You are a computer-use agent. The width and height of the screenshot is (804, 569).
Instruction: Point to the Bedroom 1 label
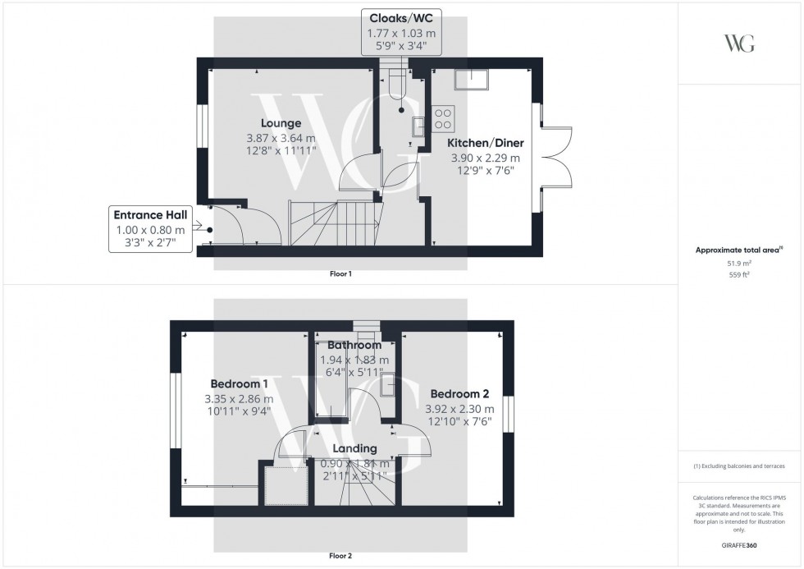point(239,383)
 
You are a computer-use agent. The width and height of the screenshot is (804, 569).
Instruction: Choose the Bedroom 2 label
point(459,392)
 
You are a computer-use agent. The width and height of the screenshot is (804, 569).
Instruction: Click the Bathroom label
point(354,346)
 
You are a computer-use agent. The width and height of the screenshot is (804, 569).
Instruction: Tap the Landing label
point(354,449)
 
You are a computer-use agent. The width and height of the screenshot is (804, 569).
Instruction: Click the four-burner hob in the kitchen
point(443,119)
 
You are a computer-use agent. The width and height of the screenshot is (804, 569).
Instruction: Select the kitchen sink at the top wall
point(470,79)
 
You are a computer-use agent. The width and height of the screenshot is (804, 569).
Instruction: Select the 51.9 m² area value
point(739,264)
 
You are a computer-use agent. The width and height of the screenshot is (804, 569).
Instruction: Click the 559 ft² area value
point(739,275)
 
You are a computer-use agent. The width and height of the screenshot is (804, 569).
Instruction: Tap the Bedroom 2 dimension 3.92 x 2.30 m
point(459,408)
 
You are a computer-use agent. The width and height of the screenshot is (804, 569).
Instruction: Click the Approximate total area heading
point(738,249)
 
